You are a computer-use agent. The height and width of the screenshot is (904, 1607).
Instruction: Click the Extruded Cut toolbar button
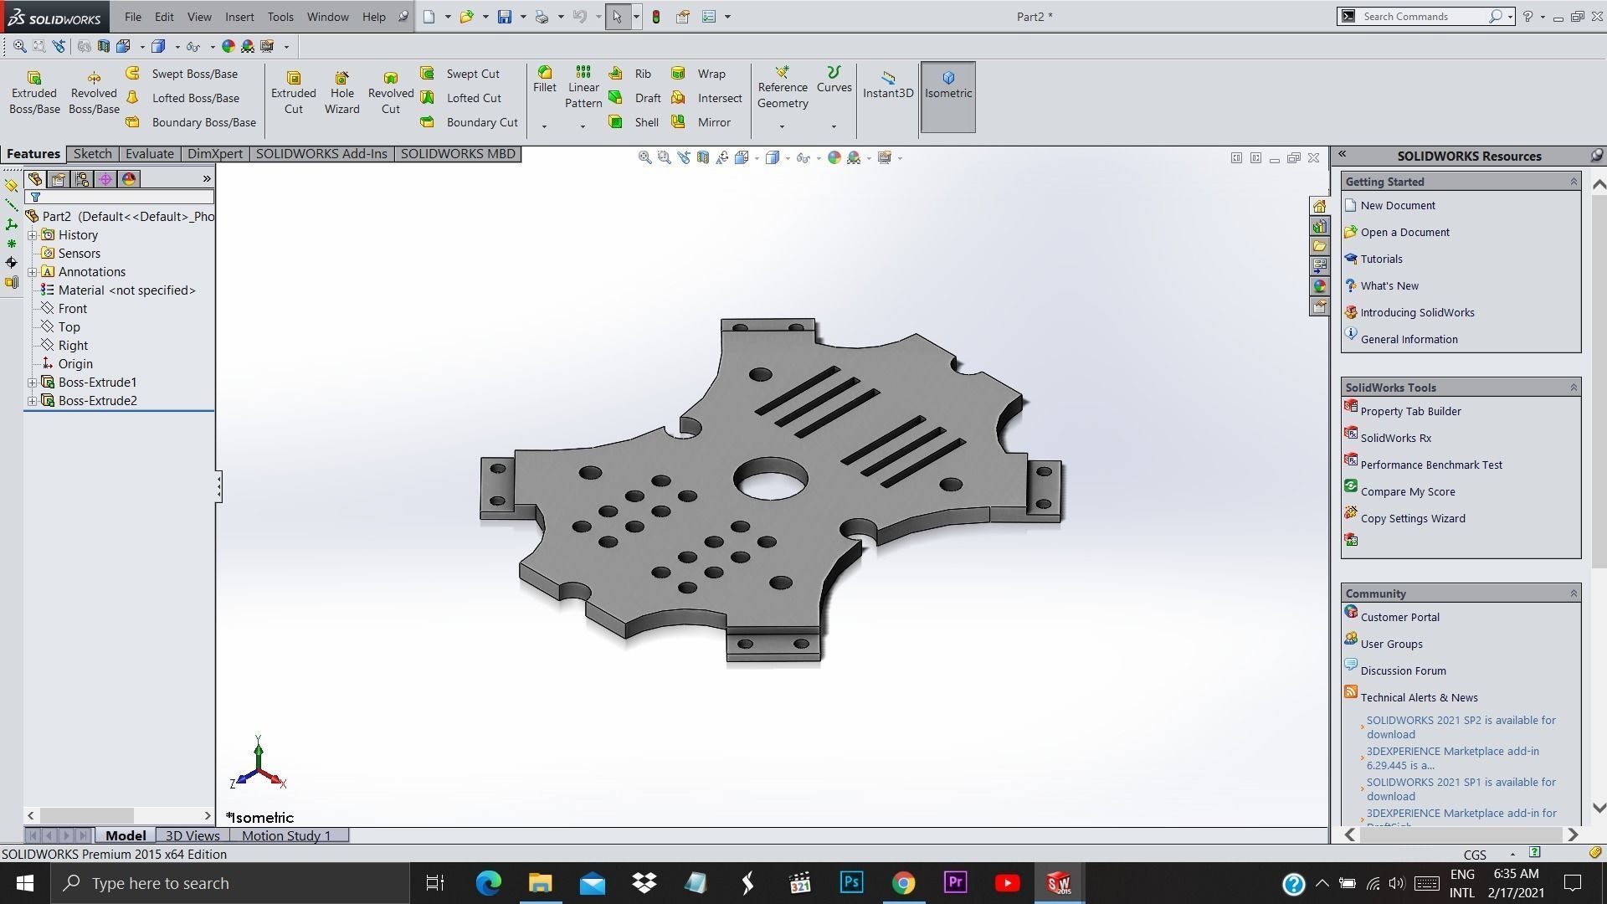tap(293, 92)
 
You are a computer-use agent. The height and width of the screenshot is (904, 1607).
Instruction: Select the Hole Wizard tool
tap(341, 92)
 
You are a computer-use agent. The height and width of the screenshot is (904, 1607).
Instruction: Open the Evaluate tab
tap(149, 154)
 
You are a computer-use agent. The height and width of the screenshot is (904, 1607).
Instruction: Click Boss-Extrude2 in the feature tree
tap(97, 401)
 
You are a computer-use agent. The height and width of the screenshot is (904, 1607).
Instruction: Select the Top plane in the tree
tap(69, 327)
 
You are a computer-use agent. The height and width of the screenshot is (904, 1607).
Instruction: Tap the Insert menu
tap(239, 17)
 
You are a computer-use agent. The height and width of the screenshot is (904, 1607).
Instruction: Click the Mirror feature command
tap(713, 122)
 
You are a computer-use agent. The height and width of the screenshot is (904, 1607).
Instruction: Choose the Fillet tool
tap(544, 80)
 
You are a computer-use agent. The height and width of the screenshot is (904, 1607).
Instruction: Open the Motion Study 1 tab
tap(285, 835)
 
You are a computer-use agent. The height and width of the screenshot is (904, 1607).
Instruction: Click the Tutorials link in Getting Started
tap(1381, 259)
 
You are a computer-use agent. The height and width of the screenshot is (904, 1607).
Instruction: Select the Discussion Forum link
tap(1403, 670)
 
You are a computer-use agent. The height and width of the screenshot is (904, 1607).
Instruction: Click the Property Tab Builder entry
tap(1410, 411)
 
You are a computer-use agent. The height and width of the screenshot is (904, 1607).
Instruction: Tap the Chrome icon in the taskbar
tap(903, 883)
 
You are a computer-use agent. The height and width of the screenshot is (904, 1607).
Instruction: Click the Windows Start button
tap(24, 883)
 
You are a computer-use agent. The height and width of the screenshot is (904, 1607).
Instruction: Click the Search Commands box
tap(1423, 17)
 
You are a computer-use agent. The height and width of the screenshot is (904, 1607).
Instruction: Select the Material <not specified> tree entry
tap(126, 290)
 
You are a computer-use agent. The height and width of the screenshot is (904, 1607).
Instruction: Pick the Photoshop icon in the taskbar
tap(851, 883)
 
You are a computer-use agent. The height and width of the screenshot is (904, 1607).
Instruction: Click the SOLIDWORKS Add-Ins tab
tap(321, 154)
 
